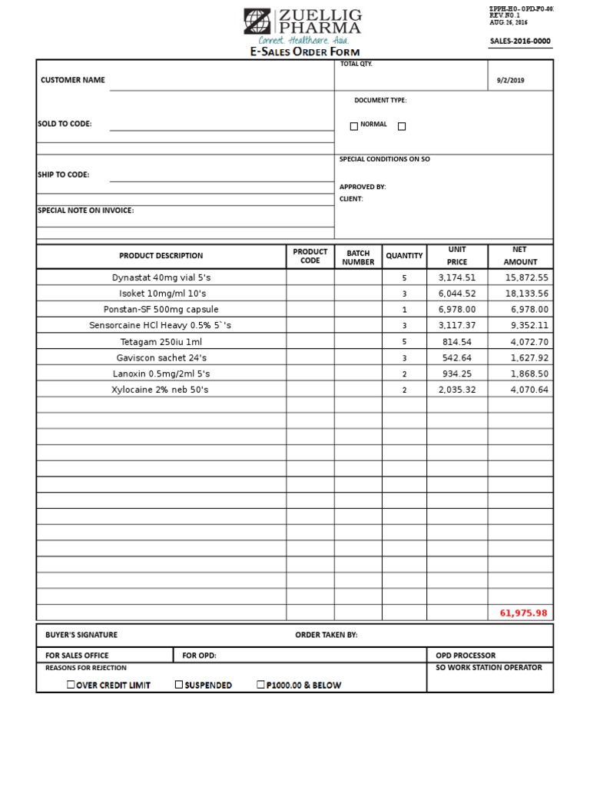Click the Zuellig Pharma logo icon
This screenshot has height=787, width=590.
[257, 22]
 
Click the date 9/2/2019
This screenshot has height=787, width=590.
[512, 81]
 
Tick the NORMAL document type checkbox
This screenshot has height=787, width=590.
[354, 126]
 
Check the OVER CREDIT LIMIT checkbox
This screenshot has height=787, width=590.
[71, 684]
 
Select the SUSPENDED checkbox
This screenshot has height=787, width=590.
[179, 684]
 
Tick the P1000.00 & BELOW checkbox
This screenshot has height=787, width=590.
[261, 684]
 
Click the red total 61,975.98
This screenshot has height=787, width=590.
[523, 613]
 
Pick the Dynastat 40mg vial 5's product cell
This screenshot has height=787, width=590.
[161, 277]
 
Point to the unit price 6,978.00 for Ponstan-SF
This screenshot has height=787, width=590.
[457, 310]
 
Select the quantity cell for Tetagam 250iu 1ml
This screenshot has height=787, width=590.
[404, 342]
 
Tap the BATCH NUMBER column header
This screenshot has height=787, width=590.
[358, 257]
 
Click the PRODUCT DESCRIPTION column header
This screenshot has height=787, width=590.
[161, 256]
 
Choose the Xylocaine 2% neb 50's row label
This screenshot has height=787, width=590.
[161, 390]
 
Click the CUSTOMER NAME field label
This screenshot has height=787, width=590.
[73, 80]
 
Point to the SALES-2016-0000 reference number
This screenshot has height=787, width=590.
[520, 42]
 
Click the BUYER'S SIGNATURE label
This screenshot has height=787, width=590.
[81, 635]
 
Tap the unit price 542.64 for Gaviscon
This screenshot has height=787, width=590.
[457, 358]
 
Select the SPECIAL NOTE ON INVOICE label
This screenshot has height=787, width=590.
[85, 210]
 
